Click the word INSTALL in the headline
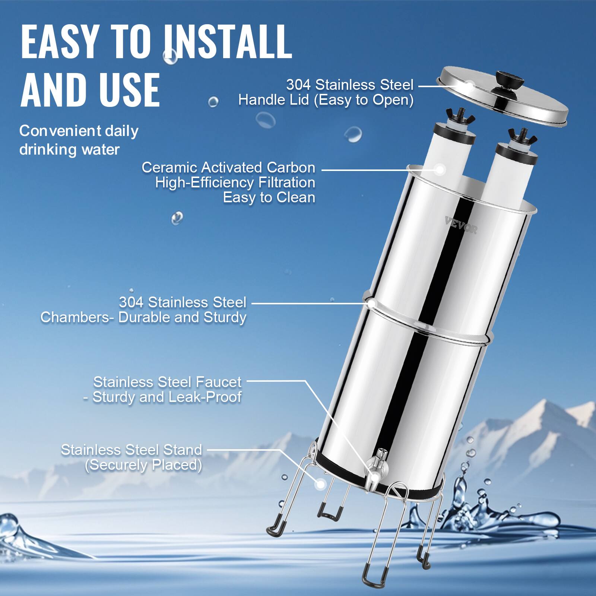[x=227, y=42]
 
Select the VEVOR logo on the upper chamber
[x=461, y=226]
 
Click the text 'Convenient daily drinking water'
[x=79, y=140]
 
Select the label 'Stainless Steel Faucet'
[x=167, y=382]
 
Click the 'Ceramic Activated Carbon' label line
[x=228, y=167]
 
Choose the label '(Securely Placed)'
[x=143, y=465]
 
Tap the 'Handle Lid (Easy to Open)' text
[x=326, y=100]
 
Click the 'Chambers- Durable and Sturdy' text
[x=143, y=317]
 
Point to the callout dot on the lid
[x=468, y=86]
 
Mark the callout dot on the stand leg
[x=320, y=484]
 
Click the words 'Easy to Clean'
[x=269, y=197]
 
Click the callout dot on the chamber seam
[x=371, y=303]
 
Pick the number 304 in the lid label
[x=298, y=85]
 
